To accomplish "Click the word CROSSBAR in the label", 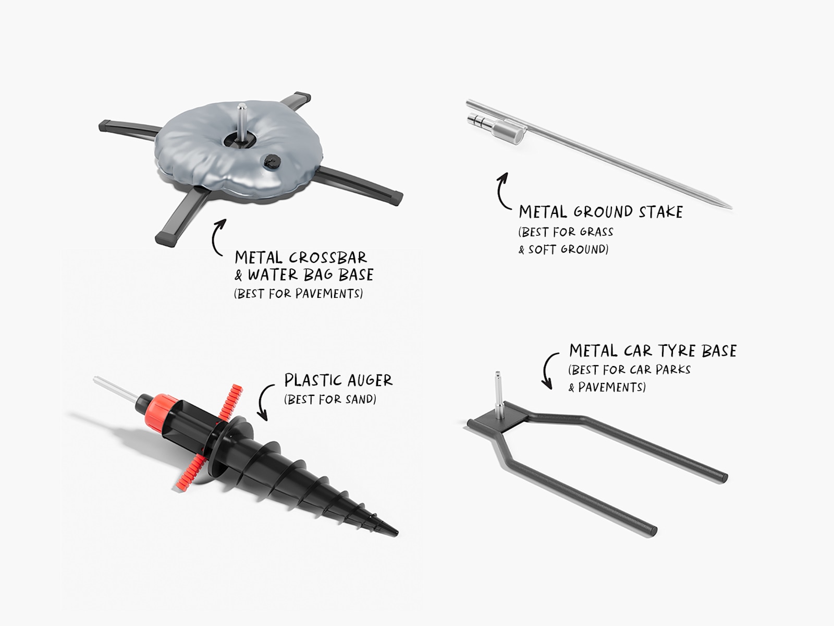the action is click(328, 258).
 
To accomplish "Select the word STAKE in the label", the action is click(661, 212).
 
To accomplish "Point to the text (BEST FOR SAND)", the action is click(330, 400).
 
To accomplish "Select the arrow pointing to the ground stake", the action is click(500, 192).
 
